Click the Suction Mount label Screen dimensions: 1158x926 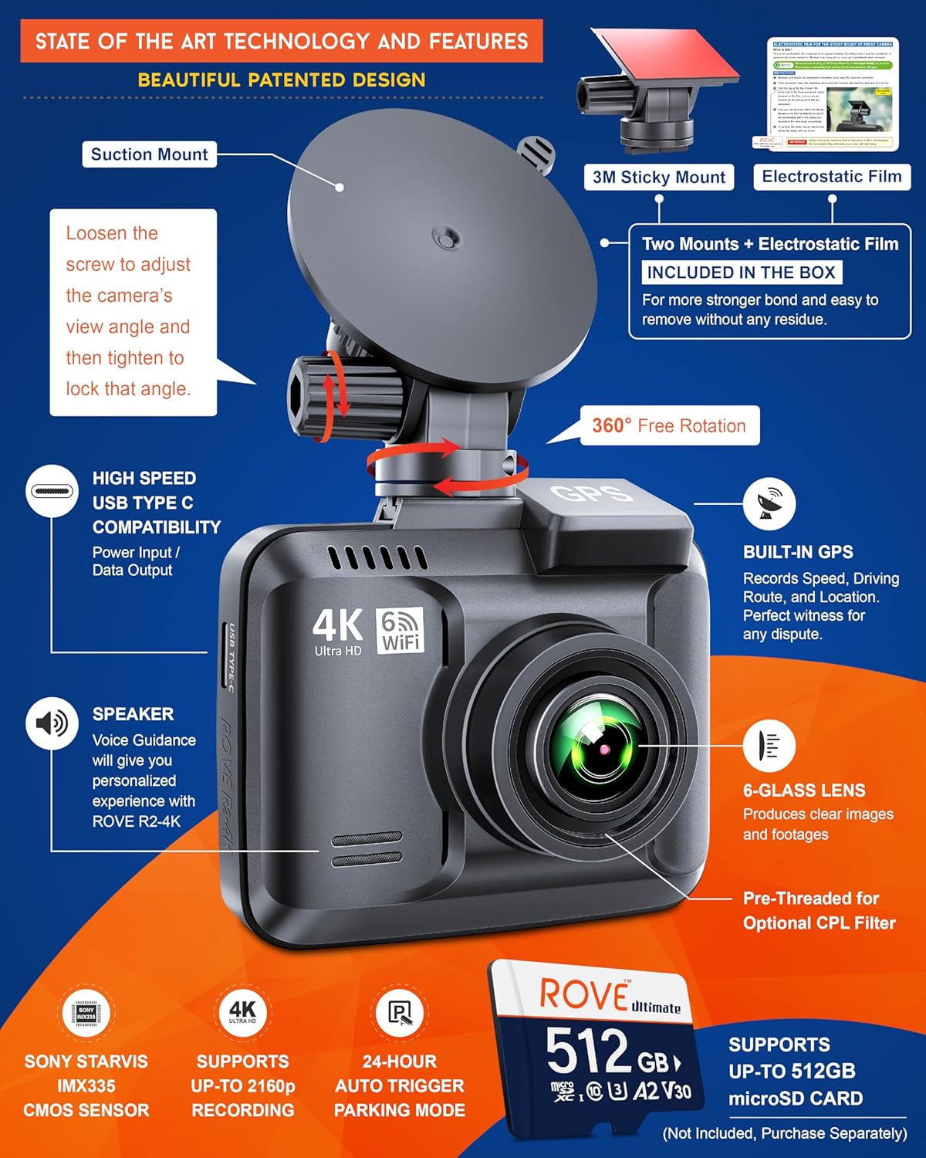tap(149, 154)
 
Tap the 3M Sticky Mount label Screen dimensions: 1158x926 tap(658, 178)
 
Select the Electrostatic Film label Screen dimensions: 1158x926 tap(832, 177)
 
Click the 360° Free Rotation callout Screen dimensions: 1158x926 tap(669, 426)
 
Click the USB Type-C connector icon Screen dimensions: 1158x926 tap(52, 491)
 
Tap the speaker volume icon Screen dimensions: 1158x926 tap(52, 723)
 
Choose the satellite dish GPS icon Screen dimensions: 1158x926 tap(769, 504)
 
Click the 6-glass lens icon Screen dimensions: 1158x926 tap(769, 747)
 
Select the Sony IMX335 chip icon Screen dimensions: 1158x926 tap(86, 1013)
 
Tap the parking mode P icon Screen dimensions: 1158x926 tap(399, 1013)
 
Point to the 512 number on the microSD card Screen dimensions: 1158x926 tap(587, 1051)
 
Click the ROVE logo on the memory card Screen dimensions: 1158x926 tap(584, 994)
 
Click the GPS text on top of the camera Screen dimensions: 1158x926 tap(591, 492)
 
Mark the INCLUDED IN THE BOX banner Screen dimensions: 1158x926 tap(741, 273)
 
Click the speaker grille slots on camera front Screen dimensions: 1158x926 tap(367, 849)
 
